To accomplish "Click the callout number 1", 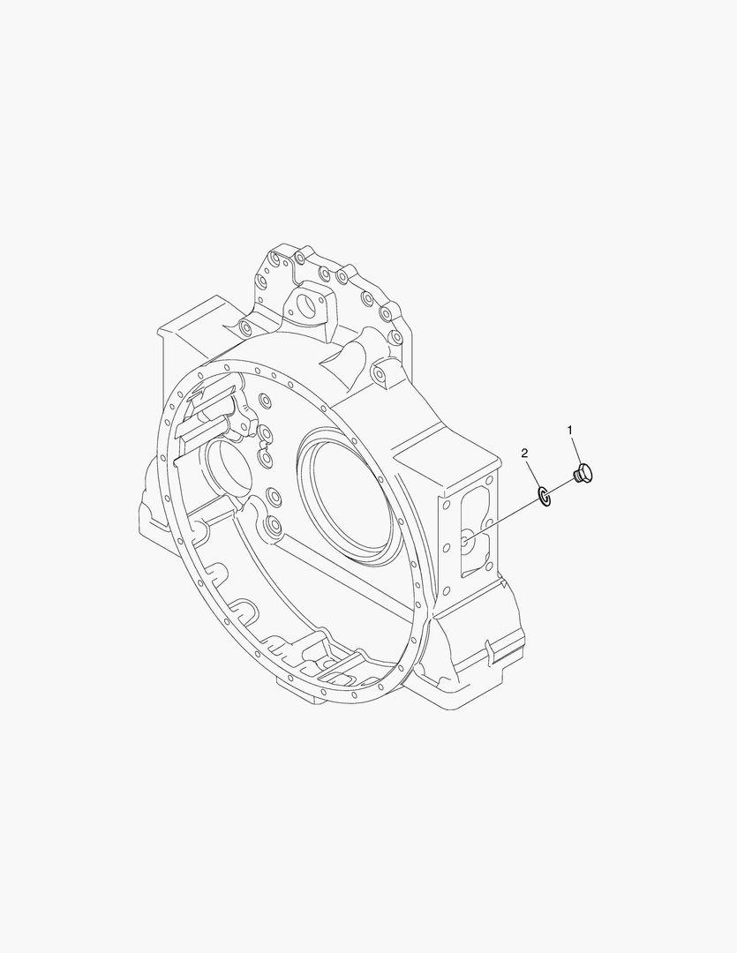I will point(570,430).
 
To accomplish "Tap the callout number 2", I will point(524,453).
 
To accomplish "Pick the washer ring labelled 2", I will point(545,497).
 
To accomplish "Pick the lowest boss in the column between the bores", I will point(273,528).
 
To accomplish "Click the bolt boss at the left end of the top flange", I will point(244,329).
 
